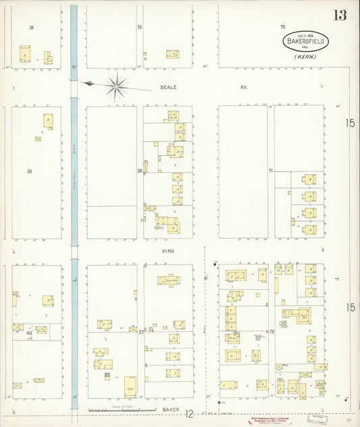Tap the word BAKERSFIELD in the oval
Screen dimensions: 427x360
pos(305,41)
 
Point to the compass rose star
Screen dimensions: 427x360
pos(118,86)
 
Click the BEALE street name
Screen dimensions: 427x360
pos(168,87)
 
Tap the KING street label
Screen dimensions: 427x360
pos(168,251)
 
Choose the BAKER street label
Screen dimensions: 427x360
pos(169,409)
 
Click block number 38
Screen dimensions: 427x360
pos(31,28)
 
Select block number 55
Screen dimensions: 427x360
pos(140,27)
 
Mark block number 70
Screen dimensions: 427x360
pos(283,27)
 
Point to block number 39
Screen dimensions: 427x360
pos(30,172)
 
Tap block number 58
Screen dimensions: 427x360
pos(140,171)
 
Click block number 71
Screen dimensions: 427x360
pos(270,171)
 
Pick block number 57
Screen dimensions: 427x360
pos(141,332)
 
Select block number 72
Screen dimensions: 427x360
pos(272,332)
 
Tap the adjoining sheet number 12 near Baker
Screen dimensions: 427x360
pos(191,413)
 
